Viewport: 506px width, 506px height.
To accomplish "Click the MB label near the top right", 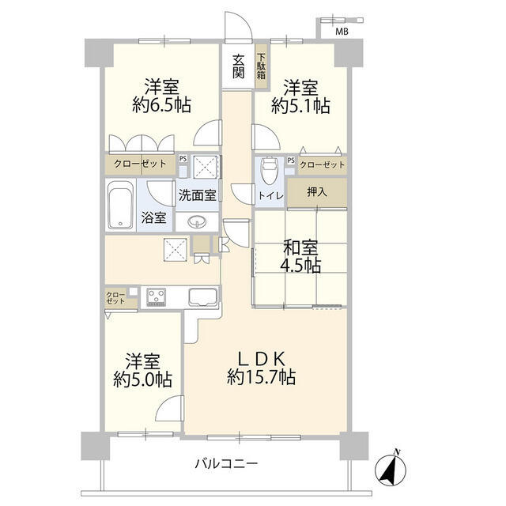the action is click(342, 32).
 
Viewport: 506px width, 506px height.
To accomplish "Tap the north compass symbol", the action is click(391, 469).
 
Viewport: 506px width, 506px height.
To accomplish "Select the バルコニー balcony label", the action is click(227, 464).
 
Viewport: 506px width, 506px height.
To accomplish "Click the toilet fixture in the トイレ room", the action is click(270, 170).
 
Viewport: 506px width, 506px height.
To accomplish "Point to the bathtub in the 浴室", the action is click(121, 205).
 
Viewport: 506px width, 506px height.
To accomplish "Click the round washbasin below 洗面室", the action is click(197, 221).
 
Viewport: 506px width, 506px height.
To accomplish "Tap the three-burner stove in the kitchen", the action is click(157, 297).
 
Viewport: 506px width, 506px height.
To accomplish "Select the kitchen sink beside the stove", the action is click(203, 296).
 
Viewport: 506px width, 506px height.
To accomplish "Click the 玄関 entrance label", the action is click(239, 66).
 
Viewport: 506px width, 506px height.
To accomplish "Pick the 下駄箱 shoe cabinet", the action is click(262, 66).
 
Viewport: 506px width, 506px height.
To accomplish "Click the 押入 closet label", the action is click(317, 192).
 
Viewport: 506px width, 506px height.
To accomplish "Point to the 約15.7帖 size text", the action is click(262, 376).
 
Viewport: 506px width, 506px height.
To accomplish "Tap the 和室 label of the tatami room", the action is click(300, 247).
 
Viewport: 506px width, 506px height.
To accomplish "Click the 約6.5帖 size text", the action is click(161, 105).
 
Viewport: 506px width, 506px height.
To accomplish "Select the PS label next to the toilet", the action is click(291, 160).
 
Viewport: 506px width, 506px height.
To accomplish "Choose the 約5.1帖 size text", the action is click(300, 105).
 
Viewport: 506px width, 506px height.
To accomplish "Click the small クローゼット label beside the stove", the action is click(115, 298).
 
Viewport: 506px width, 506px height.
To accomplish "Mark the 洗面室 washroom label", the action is click(197, 195).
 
